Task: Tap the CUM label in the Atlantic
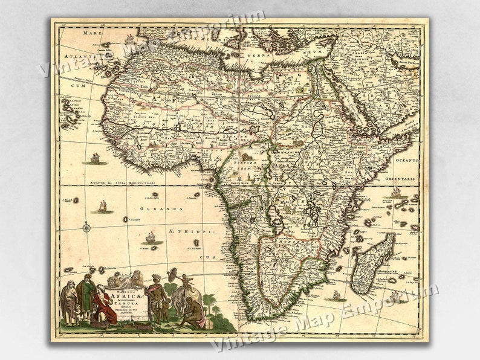pyautogui.click(x=77, y=86)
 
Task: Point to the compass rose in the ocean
pyautogui.click(x=88, y=228)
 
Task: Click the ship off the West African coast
pyautogui.click(x=95, y=159)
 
